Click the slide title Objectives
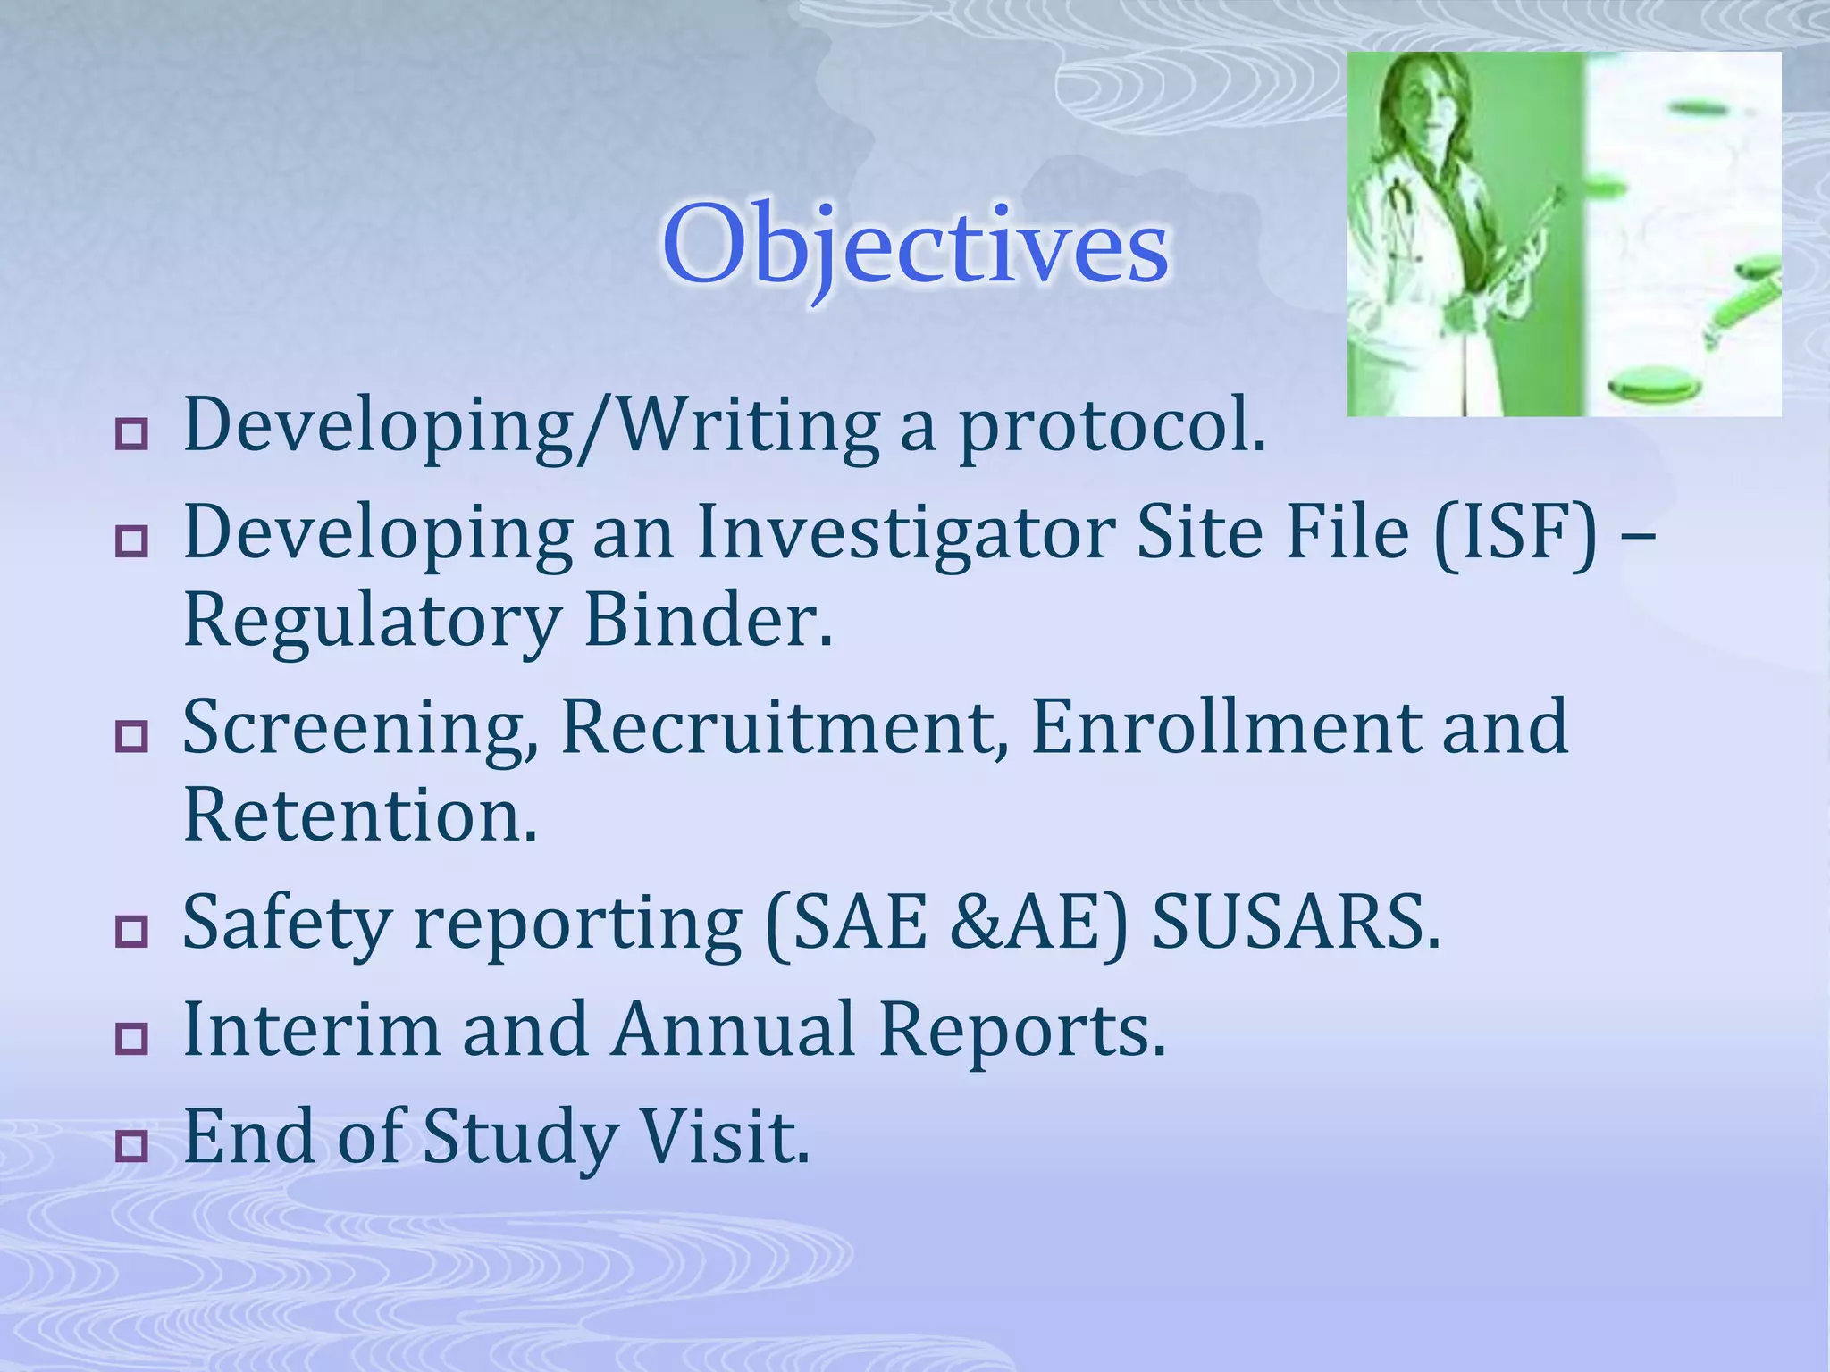[915, 246]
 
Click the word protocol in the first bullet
[1112, 427]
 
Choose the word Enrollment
[1225, 728]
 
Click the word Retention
[360, 816]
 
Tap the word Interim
[311, 1030]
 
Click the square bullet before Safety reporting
[131, 932]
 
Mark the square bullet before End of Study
[131, 1146]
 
